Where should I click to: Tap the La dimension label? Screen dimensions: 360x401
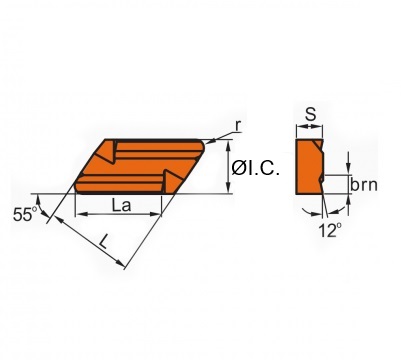[x=120, y=205]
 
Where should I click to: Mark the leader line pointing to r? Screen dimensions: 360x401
[x=222, y=132]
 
